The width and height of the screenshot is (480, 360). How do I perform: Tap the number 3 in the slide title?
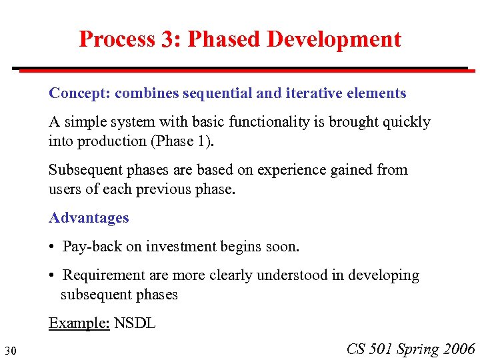point(167,40)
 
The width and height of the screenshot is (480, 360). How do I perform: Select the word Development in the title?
point(333,39)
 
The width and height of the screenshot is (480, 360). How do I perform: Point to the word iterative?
point(313,93)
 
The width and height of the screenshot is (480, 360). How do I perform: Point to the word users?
point(65,189)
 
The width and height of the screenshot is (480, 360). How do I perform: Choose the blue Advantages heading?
point(89,218)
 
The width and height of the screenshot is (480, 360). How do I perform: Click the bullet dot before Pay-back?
point(52,247)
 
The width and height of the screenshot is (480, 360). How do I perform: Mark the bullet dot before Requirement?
point(52,276)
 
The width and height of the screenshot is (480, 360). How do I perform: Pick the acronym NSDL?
point(135,324)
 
